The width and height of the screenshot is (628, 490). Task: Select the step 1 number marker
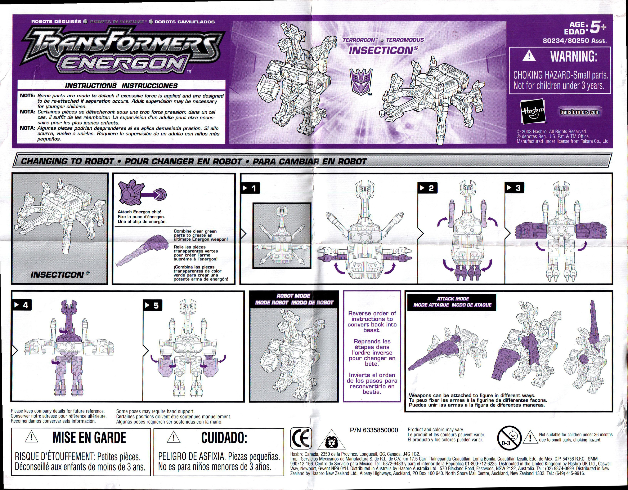(250, 188)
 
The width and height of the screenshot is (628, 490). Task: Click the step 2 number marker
(427, 188)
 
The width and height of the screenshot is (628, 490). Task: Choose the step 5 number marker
(153, 305)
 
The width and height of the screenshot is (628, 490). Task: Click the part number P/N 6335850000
(374, 430)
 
